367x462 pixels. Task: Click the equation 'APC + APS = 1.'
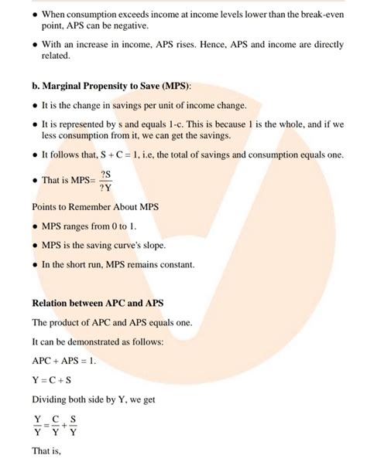coord(65,360)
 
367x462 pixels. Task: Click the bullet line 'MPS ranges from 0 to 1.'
coord(89,226)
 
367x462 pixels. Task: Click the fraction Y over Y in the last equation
coord(38,426)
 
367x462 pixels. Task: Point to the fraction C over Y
coord(56,426)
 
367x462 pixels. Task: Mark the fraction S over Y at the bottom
coord(74,426)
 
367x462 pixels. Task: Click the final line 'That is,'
coord(46,451)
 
